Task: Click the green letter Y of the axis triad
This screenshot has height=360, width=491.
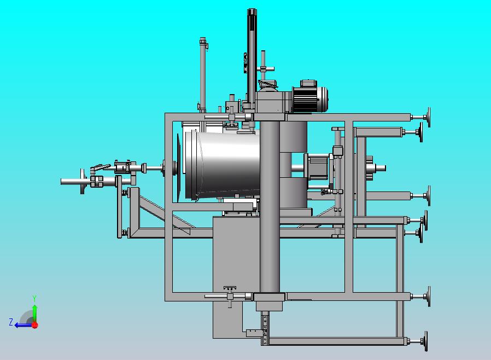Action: click(x=35, y=298)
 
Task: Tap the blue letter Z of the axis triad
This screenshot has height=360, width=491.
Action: click(x=11, y=322)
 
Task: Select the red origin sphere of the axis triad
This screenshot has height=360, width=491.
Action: click(x=35, y=325)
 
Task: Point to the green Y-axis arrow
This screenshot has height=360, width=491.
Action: click(x=35, y=313)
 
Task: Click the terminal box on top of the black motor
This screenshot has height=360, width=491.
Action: click(x=308, y=83)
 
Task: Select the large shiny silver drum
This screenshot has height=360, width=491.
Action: click(x=223, y=165)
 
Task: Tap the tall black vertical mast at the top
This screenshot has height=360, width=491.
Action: click(x=252, y=56)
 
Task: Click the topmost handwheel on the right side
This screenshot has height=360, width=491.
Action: click(x=428, y=117)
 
